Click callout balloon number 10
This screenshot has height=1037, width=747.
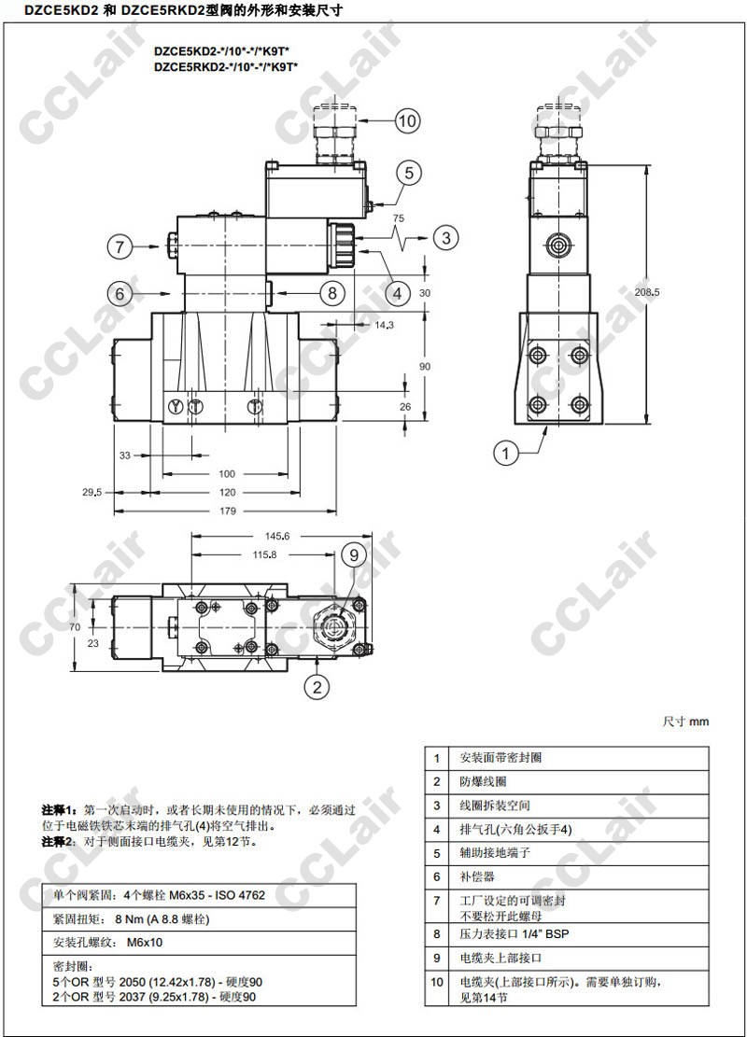coord(407,121)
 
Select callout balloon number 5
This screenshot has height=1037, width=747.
coord(409,173)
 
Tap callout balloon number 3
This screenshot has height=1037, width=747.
coord(446,237)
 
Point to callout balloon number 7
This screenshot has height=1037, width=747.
coord(120,246)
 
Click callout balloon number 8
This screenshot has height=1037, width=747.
coord(332,292)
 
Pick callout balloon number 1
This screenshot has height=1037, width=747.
coord(506,453)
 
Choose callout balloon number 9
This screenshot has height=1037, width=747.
coord(353,554)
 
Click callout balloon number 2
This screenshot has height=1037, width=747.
coord(317,686)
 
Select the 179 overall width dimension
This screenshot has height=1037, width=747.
coord(228,511)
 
